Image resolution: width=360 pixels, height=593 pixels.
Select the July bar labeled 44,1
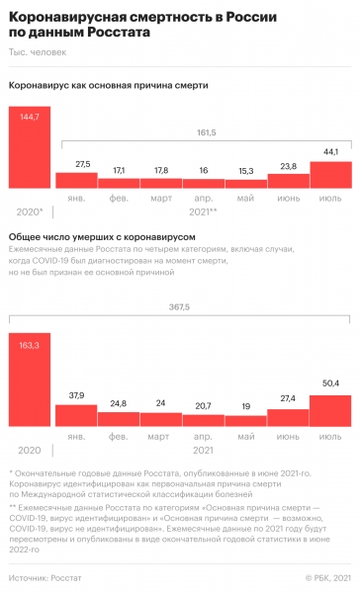tap(330, 174)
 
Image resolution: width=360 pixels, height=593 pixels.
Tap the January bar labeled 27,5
tap(76, 180)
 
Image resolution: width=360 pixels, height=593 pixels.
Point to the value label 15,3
tap(245, 171)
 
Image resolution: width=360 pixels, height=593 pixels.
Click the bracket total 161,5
tap(203, 130)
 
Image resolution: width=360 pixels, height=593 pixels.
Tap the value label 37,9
tap(76, 369)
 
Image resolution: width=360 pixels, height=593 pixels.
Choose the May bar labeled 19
tap(245, 393)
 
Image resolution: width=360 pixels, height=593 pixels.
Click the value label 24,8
tap(119, 377)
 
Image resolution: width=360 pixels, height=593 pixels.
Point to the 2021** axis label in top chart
tap(204, 212)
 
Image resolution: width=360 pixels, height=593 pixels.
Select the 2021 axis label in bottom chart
tap(204, 424)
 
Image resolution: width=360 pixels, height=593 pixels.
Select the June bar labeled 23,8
tap(288, 180)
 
